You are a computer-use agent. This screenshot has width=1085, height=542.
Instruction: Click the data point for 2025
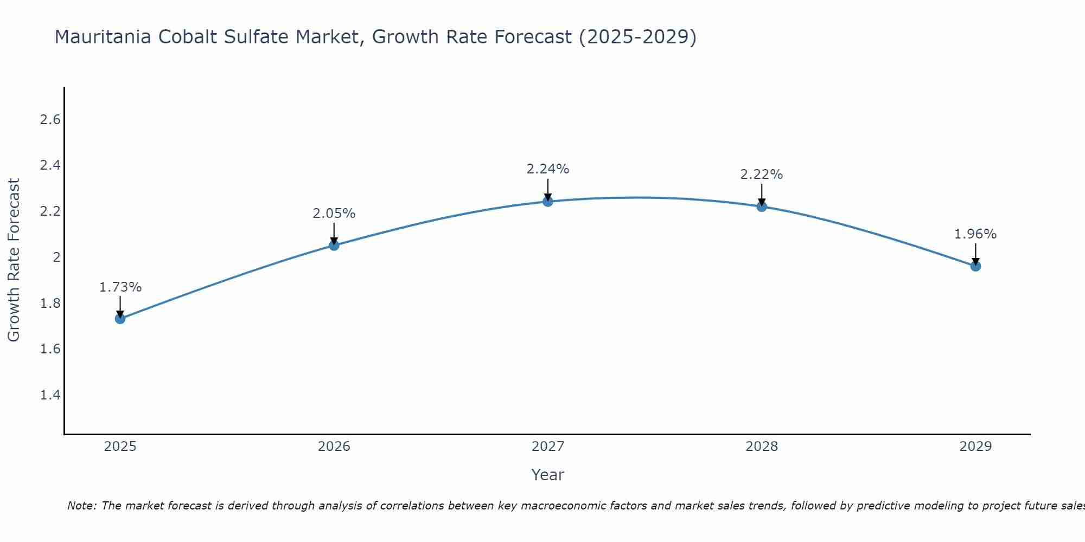pos(120,319)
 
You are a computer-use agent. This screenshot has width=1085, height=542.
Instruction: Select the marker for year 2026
pos(334,246)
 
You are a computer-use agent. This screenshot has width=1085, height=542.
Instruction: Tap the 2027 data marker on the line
pos(548,202)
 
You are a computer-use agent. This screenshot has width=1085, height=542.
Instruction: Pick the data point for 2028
pos(762,207)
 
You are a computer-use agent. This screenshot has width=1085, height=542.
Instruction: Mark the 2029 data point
pos(975,266)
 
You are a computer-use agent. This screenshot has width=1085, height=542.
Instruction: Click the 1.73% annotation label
pos(120,287)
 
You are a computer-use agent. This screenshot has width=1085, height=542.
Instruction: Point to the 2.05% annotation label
pos(334,214)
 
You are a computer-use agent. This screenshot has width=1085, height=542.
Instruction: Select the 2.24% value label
pos(548,169)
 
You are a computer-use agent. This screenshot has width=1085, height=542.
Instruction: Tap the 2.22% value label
pos(762,175)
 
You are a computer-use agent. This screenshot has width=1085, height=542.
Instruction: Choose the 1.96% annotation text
pos(975,234)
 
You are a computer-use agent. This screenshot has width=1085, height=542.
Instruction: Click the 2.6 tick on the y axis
pos(50,120)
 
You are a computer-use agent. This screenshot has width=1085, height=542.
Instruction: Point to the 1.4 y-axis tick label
pos(50,395)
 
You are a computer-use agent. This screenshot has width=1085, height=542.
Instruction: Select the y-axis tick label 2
pos(56,257)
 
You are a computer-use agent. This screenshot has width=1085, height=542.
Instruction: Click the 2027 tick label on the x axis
pos(548,447)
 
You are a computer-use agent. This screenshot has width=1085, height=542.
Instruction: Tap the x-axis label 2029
pos(975,447)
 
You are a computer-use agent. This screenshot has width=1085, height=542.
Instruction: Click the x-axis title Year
pos(548,475)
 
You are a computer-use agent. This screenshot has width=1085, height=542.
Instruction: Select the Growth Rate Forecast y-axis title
pos(14,260)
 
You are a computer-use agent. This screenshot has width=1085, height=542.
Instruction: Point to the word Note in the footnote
pos(81,506)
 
